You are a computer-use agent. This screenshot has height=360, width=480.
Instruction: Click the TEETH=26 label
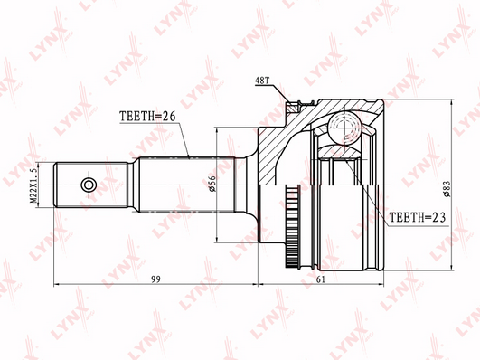pos(147,117)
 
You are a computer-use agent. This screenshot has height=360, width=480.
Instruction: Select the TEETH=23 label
pos(418,217)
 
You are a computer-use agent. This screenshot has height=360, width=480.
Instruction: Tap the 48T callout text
pos(262,81)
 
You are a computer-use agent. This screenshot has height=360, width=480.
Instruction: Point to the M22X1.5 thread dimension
pos(33,185)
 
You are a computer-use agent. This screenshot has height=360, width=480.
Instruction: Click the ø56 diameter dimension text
pos(212,184)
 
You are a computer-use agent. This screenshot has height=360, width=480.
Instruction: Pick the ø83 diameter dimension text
pos(447,188)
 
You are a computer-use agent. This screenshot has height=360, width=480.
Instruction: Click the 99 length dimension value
pos(155,279)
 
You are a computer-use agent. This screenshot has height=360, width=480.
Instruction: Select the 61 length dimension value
pos(321,279)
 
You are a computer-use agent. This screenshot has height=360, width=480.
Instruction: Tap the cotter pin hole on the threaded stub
pos(89,185)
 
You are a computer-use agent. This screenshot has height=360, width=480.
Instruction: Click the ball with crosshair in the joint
pos(345,126)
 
